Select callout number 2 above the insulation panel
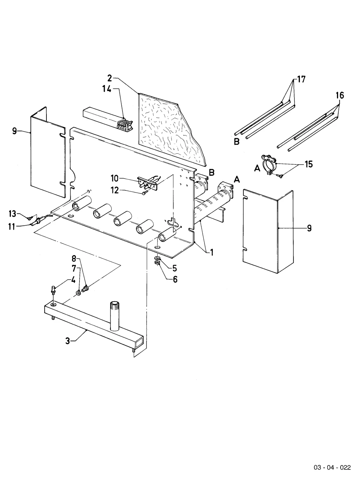110,78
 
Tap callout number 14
107,89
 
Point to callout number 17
301,79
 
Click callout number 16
340,95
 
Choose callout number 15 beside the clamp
309,164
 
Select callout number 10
114,178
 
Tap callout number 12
115,190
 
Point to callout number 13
13,213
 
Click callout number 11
12,227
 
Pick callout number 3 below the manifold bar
68,341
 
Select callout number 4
73,280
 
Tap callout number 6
175,279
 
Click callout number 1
212,252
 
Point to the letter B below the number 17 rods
237,141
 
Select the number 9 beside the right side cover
309,228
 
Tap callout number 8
74,258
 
